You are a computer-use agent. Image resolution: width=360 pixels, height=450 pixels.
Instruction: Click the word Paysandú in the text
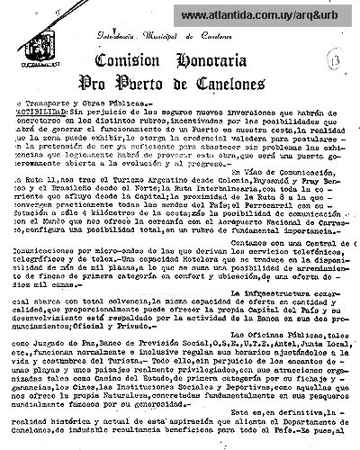pos(261,206)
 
